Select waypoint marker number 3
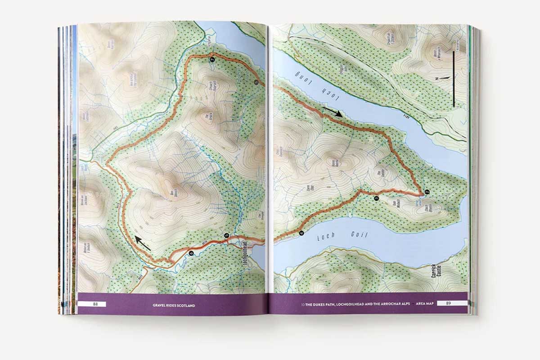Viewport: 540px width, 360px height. tap(376, 198)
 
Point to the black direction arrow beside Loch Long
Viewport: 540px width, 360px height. tap(333, 111)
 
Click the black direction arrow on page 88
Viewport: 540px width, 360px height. tap(144, 243)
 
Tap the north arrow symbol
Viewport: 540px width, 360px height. tap(443, 78)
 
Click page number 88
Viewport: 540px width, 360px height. tap(95, 304)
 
